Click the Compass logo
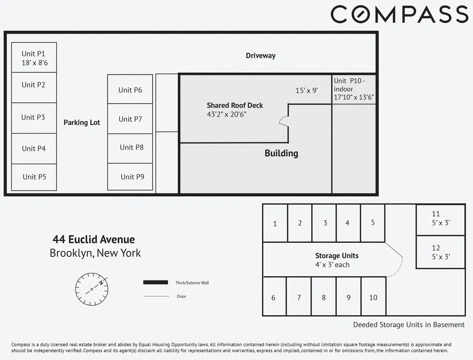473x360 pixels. coord(399,15)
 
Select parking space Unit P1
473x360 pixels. coord(34,58)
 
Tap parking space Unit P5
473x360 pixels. coord(34,177)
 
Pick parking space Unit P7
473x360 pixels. coord(130,119)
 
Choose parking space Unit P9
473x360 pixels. coord(130,176)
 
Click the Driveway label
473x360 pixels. coord(261,56)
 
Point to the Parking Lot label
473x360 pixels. coord(82,122)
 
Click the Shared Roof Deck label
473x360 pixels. coord(235,106)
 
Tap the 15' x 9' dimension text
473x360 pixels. coord(307,90)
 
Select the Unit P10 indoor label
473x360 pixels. coord(354,89)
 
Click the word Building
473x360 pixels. coord(281,153)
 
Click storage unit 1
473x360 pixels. coord(275,223)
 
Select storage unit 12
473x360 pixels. coord(440,252)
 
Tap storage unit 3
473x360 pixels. coord(325,223)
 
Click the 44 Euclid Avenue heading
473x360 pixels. coord(94,239)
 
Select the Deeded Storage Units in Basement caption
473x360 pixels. coord(409,325)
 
